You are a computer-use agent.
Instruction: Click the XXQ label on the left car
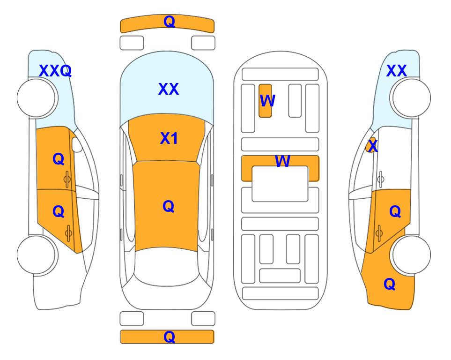pos(55,71)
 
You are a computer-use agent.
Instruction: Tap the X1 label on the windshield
pos(169,138)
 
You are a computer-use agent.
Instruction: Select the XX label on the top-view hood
pos(169,89)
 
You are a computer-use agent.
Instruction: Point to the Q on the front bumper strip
pos(169,22)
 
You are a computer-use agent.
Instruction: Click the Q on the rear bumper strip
pos(169,337)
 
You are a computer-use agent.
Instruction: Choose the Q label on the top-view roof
pos(169,207)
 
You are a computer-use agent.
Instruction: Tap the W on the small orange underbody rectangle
pos(267,101)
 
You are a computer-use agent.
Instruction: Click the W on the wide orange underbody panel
pos(282,161)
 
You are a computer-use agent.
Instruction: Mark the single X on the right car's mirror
pos(373,145)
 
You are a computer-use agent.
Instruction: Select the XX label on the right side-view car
pos(397,71)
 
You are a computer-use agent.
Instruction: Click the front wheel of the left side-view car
pos(37,98)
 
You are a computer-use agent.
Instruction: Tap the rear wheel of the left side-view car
pos(37,255)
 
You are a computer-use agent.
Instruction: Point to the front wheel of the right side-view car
pos(411,98)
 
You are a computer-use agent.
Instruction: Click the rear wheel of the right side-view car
pos(411,255)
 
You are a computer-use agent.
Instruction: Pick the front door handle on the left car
pos(67,180)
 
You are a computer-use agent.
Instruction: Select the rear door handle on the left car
pos(68,233)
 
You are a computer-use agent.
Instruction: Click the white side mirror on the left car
pos(77,144)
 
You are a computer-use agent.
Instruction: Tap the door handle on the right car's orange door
pos(379,233)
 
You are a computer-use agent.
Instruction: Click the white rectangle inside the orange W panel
pos(280,184)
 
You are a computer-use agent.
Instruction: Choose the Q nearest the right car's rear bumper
pos(390,285)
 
